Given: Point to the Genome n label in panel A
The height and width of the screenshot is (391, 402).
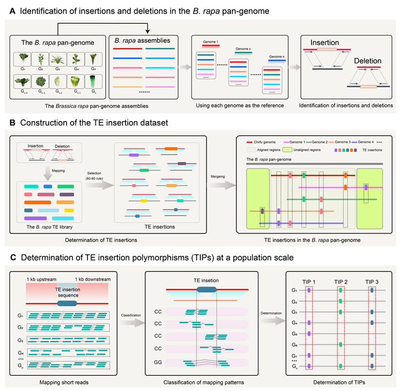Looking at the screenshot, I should [x=278, y=57].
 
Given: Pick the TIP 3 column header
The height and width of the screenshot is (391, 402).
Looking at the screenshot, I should [x=372, y=282].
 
